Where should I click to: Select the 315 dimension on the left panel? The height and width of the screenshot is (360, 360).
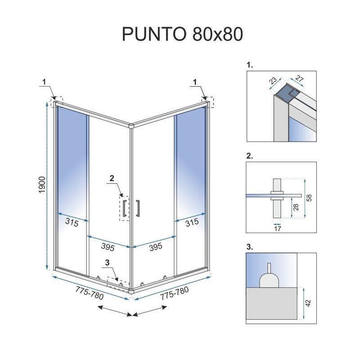(x=71, y=223)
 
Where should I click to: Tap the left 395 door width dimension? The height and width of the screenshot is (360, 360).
(x=107, y=247)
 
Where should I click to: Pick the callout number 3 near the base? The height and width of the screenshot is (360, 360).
(x=107, y=263)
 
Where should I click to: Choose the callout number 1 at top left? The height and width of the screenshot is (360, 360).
(x=44, y=81)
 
